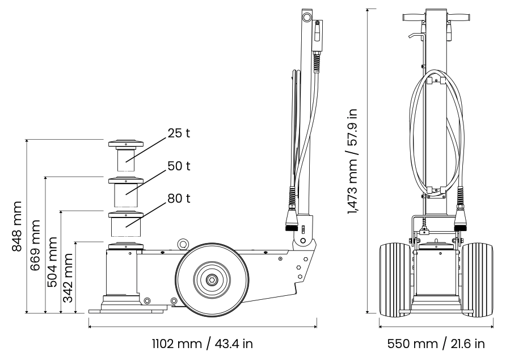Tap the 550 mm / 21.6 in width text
[436, 344]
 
